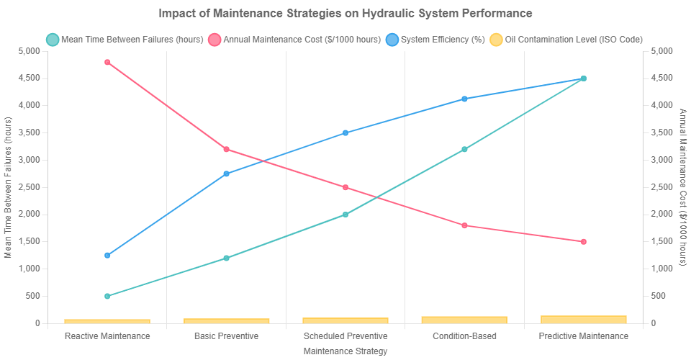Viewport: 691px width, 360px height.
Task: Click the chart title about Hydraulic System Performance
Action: click(345, 13)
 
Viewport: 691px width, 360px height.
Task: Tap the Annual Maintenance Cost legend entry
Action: click(294, 38)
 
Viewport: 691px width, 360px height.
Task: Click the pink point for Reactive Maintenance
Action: click(107, 62)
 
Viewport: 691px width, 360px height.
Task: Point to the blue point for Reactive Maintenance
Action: click(107, 256)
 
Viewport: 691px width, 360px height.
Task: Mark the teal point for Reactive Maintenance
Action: click(107, 296)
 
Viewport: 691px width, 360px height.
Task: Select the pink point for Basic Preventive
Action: click(226, 149)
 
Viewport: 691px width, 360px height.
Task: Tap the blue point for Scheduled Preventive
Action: click(345, 132)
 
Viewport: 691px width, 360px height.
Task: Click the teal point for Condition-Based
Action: click(464, 149)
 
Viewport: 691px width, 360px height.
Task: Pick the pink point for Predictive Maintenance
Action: click(584, 241)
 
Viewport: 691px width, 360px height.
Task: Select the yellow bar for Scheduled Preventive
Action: click(345, 320)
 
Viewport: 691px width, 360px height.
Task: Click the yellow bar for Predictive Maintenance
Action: click(584, 319)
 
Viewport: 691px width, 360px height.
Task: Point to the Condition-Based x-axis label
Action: click(464, 336)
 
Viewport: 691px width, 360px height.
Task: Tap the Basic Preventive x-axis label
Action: click(226, 336)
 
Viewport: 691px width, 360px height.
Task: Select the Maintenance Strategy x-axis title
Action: click(345, 351)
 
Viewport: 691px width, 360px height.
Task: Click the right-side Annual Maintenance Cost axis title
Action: click(682, 187)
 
